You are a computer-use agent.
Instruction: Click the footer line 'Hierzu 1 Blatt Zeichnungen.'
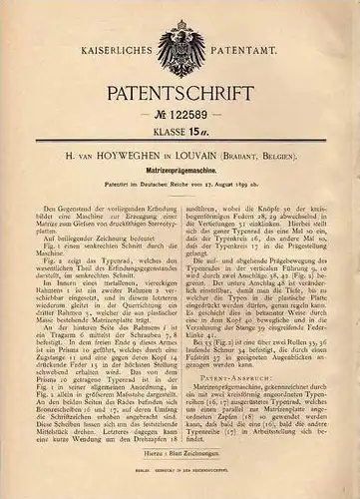pyautogui.click(x=180, y=467)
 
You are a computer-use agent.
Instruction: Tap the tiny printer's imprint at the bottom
pyautogui.click(x=180, y=489)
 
